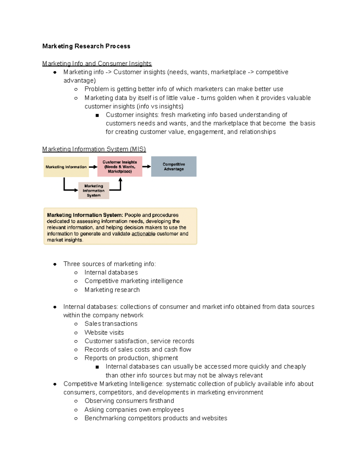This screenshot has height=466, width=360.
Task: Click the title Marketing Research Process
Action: [86, 46]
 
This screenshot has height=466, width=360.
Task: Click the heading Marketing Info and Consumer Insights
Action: [97, 64]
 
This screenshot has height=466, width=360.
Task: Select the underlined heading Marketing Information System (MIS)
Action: [94, 149]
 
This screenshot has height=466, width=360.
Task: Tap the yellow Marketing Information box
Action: [66, 167]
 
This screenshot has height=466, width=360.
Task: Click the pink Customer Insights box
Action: [120, 167]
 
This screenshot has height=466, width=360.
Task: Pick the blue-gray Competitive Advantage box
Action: [174, 167]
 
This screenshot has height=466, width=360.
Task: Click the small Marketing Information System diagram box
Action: [94, 191]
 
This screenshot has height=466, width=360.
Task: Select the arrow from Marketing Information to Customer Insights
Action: [93, 167]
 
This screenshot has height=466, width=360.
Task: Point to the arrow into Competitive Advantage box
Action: [146, 167]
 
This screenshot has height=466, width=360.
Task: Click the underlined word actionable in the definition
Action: [143, 234]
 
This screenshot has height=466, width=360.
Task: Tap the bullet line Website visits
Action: [104, 332]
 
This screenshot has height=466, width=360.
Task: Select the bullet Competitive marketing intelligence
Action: [133, 281]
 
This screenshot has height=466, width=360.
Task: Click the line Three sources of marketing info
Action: [109, 264]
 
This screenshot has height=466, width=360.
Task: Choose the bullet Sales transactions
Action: [111, 324]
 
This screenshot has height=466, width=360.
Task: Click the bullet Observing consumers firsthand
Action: [129, 401]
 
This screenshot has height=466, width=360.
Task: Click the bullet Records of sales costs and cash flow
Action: [138, 350]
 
